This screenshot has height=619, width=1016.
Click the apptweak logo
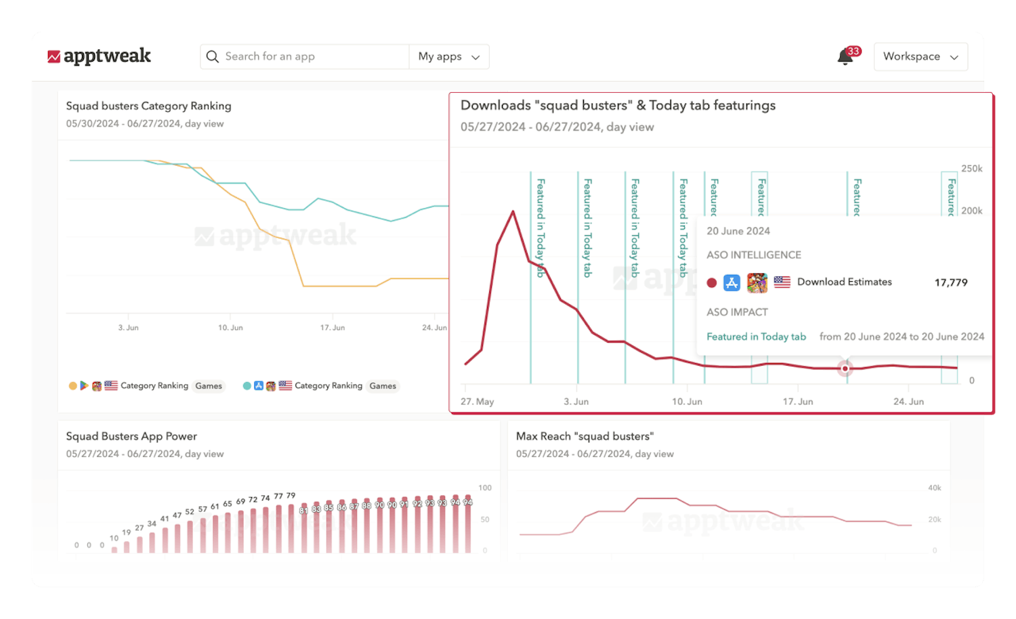tap(100, 56)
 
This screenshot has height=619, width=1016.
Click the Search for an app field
tap(305, 57)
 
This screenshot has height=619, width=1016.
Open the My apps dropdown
tap(449, 57)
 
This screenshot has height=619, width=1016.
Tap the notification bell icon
tap(845, 57)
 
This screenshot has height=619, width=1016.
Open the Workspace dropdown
tap(920, 57)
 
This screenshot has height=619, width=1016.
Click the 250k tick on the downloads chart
tap(971, 169)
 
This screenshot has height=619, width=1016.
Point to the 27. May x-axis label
tap(477, 402)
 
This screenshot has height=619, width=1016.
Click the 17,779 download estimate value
tap(951, 282)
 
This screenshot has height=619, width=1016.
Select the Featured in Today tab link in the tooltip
tap(756, 337)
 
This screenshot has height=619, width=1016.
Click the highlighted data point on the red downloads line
tap(845, 368)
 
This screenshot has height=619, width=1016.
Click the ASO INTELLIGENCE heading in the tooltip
tap(753, 255)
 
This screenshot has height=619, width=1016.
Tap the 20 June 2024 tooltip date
tap(738, 231)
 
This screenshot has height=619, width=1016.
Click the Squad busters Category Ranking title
tap(148, 106)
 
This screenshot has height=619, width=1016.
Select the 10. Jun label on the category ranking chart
tap(230, 328)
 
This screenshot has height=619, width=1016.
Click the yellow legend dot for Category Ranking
tap(72, 386)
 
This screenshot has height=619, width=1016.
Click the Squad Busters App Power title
tap(131, 436)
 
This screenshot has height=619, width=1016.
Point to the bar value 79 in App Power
tap(291, 496)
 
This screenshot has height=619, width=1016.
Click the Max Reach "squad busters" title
tap(585, 436)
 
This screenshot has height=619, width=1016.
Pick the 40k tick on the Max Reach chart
tap(934, 488)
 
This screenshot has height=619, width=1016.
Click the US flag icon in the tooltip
tap(782, 282)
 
